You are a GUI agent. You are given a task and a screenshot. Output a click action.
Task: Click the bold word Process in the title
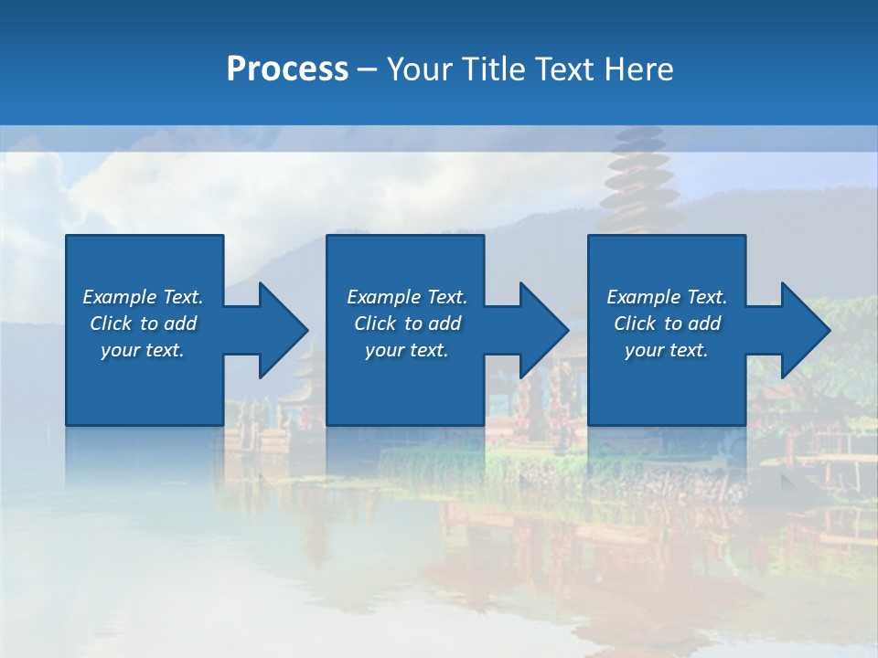point(287,69)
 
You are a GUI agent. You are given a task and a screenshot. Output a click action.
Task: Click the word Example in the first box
point(120,297)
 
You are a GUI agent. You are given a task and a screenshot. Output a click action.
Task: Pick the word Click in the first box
point(112,324)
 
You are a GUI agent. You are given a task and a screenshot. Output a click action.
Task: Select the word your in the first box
point(119,350)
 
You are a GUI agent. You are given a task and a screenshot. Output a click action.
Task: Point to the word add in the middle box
point(444,324)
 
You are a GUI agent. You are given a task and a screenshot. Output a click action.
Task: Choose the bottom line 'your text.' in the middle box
point(406,350)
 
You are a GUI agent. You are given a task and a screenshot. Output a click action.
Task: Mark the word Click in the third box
point(636,324)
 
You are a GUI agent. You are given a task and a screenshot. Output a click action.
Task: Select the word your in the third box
point(643,350)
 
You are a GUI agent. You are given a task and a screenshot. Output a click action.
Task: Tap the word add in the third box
point(704,324)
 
